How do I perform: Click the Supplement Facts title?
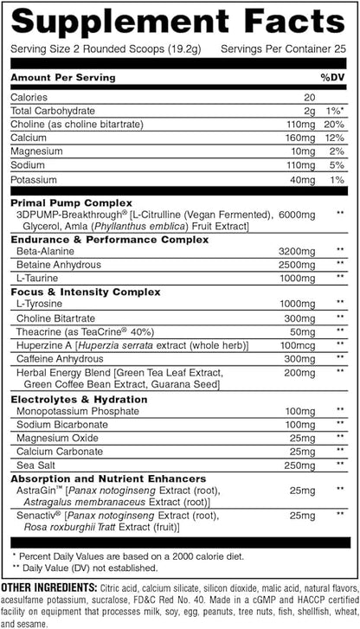coord(179,22)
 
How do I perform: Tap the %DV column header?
coord(331,78)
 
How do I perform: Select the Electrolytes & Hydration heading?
coord(79,400)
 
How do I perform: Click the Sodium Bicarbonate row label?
coord(59,427)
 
